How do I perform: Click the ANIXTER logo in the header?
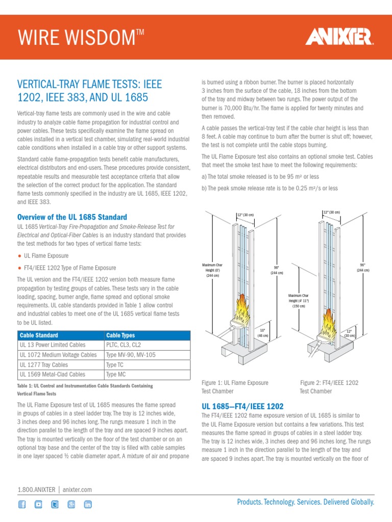point(339,37)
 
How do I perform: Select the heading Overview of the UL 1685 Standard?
point(72,217)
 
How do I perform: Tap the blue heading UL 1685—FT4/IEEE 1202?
point(243,406)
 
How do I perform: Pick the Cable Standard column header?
point(39,335)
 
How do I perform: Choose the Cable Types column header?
point(120,335)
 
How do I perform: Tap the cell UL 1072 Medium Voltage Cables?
point(58,355)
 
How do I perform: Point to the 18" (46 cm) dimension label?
point(263,333)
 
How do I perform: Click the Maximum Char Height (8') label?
point(212,270)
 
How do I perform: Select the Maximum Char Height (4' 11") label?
point(298,301)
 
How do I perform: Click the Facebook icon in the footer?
point(22,504)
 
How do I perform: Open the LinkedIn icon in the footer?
point(88,504)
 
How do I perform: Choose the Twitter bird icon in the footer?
point(55,504)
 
